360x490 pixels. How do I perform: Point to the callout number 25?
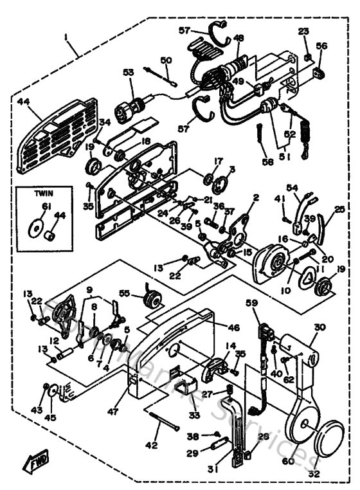pos(339,210)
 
